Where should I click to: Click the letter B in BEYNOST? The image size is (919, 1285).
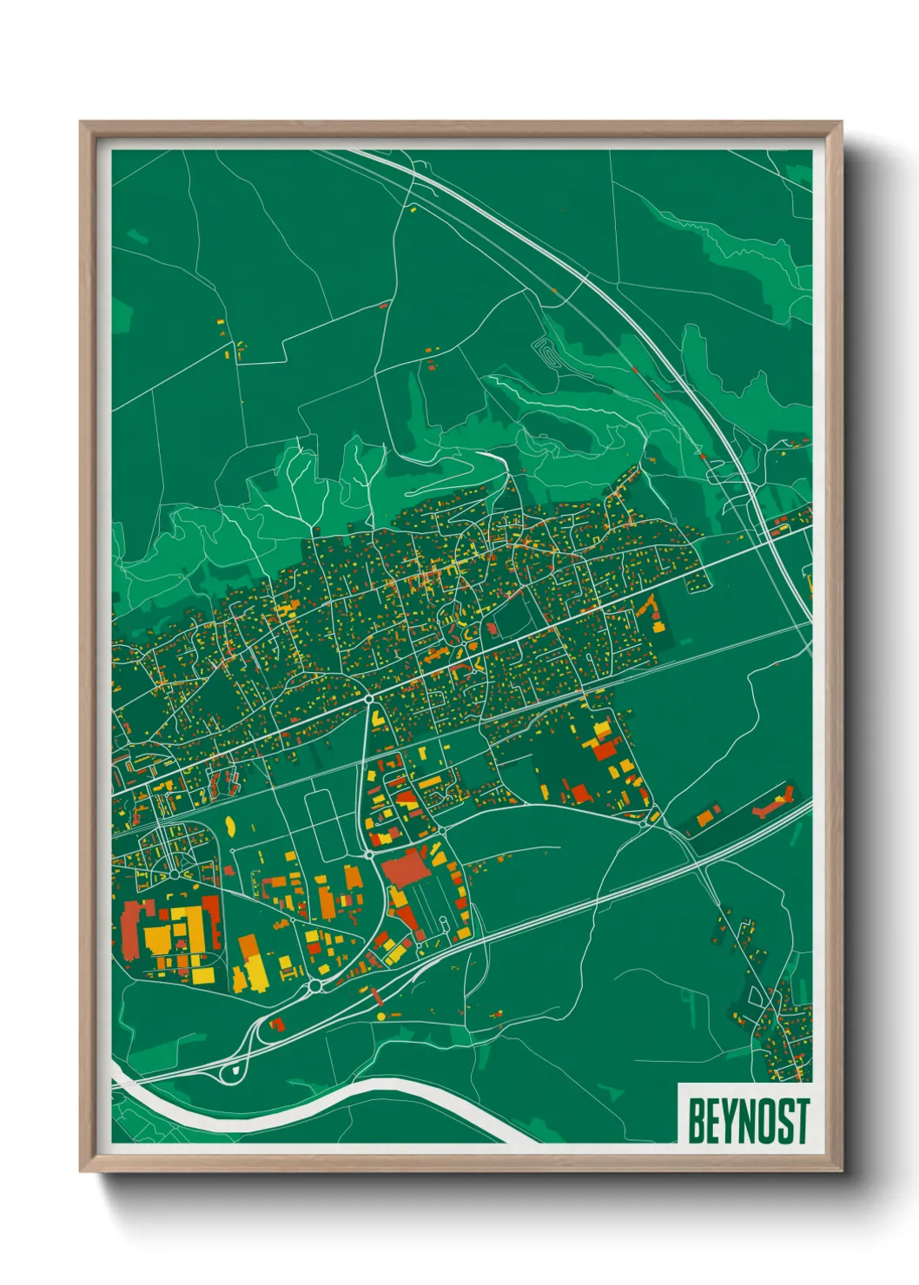[696, 1121]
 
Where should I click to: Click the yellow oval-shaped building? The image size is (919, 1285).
[231, 825]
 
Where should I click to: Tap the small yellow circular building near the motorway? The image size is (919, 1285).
[380, 1015]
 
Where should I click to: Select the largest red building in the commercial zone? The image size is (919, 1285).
[405, 867]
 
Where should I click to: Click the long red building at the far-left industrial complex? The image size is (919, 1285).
[131, 929]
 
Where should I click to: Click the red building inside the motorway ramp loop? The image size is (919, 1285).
[278, 1025]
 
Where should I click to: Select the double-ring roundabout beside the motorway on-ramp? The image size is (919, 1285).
[314, 986]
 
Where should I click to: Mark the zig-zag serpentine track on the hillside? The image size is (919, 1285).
[545, 352]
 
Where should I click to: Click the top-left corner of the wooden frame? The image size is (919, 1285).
[82, 123]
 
